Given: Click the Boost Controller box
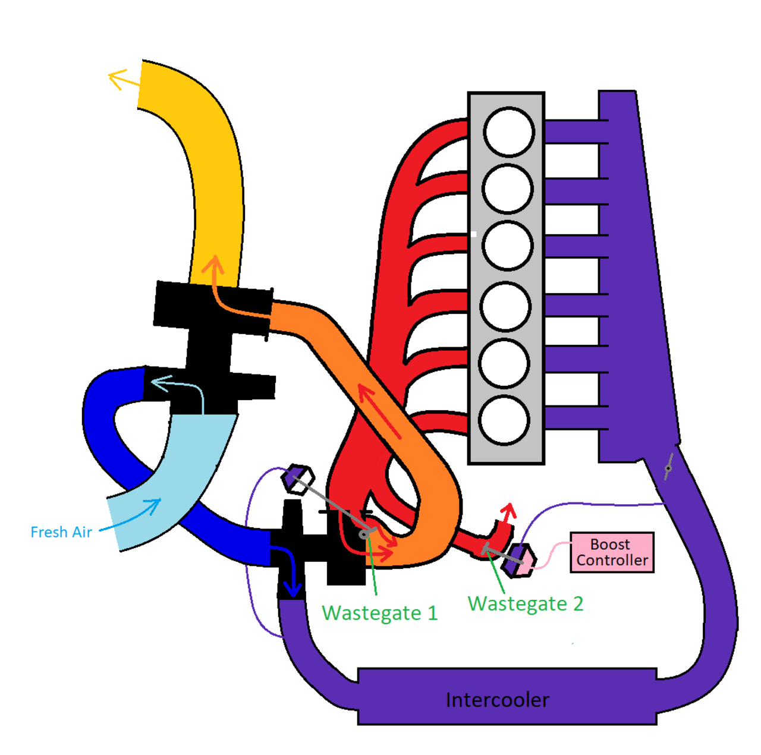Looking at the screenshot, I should [612, 552].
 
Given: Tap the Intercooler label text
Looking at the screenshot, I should [497, 700].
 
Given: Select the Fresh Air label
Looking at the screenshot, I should [61, 531].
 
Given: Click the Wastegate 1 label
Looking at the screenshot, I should [379, 612].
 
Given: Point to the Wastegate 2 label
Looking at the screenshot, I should [526, 603].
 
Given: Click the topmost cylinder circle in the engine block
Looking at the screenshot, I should [508, 132].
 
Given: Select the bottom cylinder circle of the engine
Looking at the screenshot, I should [504, 420].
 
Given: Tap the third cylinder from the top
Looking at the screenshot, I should [507, 246].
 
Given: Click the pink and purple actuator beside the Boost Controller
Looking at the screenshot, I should [519, 559].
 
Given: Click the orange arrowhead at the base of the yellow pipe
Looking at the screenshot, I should [213, 265].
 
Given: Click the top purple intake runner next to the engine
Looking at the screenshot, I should [574, 131].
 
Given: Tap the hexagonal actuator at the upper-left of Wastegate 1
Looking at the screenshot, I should [297, 479].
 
